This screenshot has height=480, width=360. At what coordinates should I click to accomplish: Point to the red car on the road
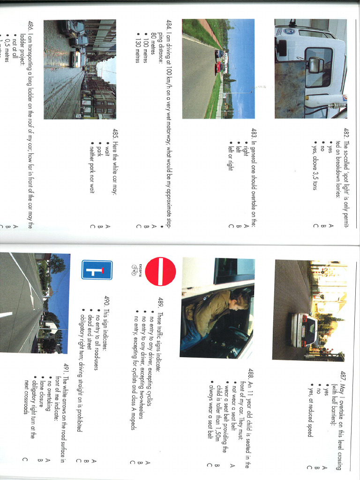(x=217, y=68)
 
